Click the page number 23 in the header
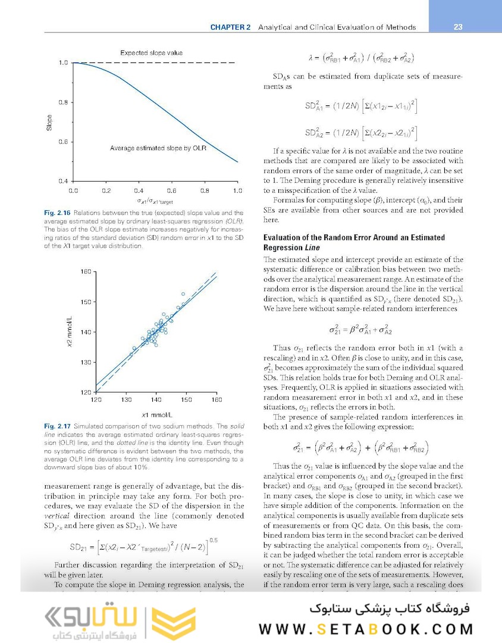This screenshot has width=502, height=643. pos(458,27)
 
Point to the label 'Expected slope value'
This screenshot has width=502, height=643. pos(151,53)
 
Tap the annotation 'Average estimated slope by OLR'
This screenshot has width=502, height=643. pos(158,148)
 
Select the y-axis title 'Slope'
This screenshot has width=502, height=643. pos(49,122)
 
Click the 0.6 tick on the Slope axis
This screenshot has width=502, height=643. pos(62,142)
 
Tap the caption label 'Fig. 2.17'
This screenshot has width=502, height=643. pos(57,426)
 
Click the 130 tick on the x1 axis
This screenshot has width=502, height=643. pos(126,399)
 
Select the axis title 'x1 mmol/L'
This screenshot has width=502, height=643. pos(155,414)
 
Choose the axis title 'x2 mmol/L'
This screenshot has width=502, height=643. pos(70,332)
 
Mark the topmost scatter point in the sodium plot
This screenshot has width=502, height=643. pos(183,294)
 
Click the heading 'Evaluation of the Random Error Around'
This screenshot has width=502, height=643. pos(354,238)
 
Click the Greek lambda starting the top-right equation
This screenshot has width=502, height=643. pos(310,58)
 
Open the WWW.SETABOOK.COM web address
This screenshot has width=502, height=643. pos(366,630)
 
